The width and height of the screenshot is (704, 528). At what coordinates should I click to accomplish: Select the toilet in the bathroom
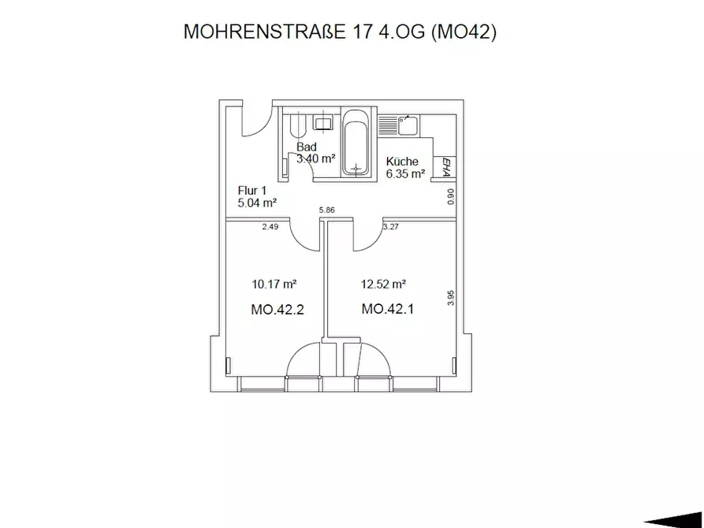click(x=298, y=126)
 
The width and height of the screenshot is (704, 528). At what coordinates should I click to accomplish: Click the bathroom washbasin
click(x=322, y=123)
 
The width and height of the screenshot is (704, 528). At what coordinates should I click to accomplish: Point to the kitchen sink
click(x=408, y=125)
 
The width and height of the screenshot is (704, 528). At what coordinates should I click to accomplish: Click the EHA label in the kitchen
click(x=446, y=168)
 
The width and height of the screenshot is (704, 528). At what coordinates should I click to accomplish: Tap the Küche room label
click(x=402, y=162)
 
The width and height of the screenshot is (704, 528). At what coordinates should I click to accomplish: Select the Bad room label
click(x=307, y=147)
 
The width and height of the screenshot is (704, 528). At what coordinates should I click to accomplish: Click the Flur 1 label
click(x=251, y=191)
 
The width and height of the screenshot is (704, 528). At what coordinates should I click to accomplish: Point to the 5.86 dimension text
click(x=327, y=210)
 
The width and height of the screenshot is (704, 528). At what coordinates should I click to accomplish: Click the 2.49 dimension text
click(x=270, y=227)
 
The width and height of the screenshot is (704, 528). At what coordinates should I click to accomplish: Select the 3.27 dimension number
click(x=391, y=227)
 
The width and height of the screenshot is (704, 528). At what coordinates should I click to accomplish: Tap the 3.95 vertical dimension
click(x=451, y=298)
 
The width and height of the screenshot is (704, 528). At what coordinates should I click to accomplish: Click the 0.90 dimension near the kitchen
click(x=451, y=197)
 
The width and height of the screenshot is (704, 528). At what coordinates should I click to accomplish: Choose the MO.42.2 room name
click(x=278, y=310)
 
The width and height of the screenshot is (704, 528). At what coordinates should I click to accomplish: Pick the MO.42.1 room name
click(x=387, y=310)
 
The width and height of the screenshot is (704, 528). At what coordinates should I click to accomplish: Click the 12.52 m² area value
click(x=383, y=284)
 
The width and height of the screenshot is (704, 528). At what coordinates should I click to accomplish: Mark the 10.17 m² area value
click(x=274, y=284)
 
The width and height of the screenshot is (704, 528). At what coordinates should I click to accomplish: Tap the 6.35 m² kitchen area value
click(x=406, y=174)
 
